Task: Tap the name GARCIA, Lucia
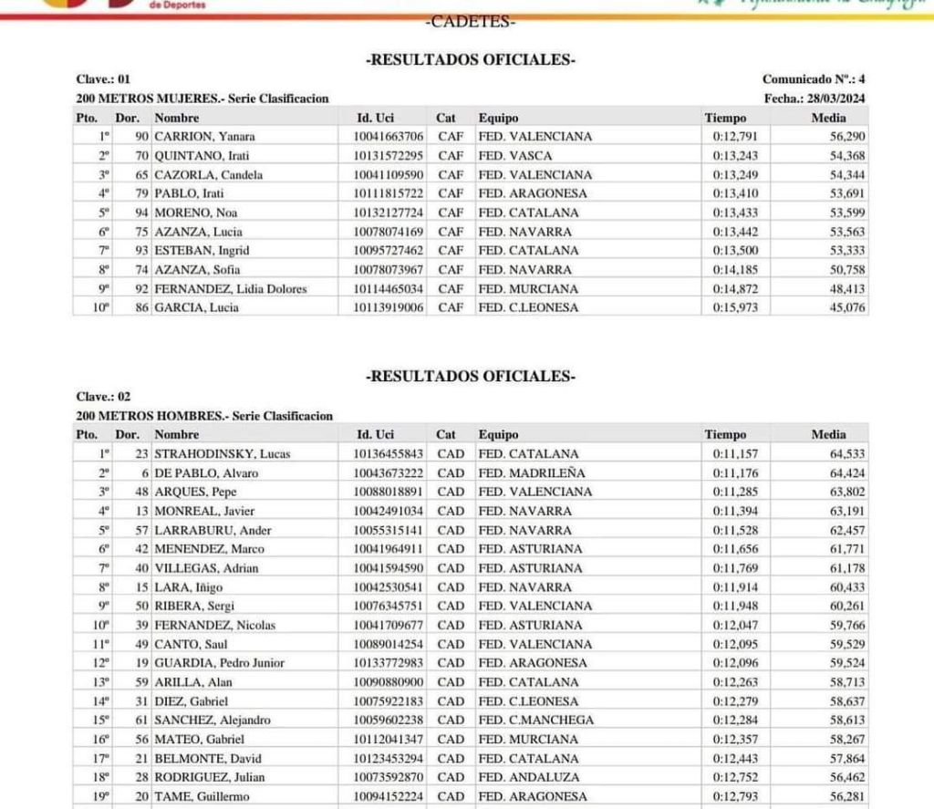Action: click(196, 308)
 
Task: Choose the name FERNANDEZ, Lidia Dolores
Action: click(230, 289)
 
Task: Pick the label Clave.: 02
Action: click(104, 397)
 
